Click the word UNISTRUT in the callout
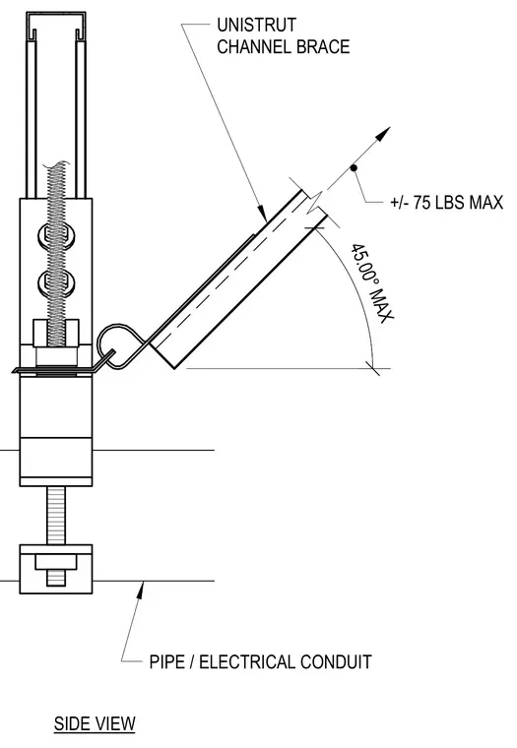(x=256, y=25)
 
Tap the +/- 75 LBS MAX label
(x=446, y=203)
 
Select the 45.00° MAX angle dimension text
(x=372, y=283)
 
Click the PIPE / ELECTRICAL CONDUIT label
(x=261, y=662)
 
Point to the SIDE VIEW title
(x=95, y=723)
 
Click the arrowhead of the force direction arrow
(x=383, y=134)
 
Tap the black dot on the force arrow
(x=354, y=167)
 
